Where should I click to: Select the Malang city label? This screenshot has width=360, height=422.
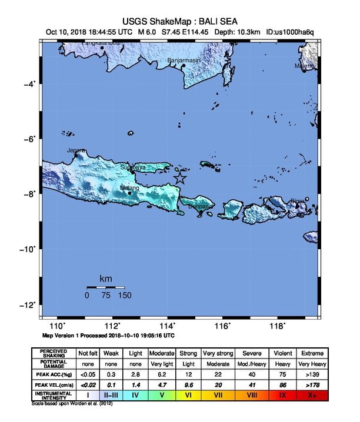pyautogui.click(x=129, y=188)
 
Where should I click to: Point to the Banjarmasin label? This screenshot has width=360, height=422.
pyautogui.click(x=184, y=60)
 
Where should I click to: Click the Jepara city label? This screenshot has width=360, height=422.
pyautogui.click(x=74, y=150)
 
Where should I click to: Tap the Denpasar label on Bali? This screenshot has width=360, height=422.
pyautogui.click(x=201, y=206)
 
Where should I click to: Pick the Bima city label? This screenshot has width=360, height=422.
pyautogui.click(x=298, y=201)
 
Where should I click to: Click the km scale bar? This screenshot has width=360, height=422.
pyautogui.click(x=106, y=288)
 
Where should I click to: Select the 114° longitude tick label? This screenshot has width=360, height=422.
pyautogui.click(x=168, y=326)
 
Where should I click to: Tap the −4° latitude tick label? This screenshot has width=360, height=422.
pyautogui.click(x=29, y=84)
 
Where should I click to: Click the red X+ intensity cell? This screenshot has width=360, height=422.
pyautogui.click(x=312, y=395)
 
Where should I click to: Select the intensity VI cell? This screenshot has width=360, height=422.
pyautogui.click(x=189, y=395)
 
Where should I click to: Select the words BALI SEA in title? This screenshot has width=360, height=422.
pyautogui.click(x=218, y=21)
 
